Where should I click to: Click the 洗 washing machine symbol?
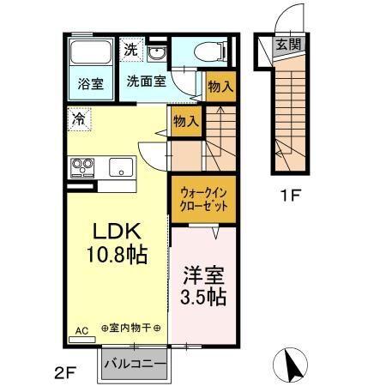click(x=129, y=50)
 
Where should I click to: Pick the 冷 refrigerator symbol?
click(x=79, y=117)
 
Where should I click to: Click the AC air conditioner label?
click(x=82, y=329)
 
